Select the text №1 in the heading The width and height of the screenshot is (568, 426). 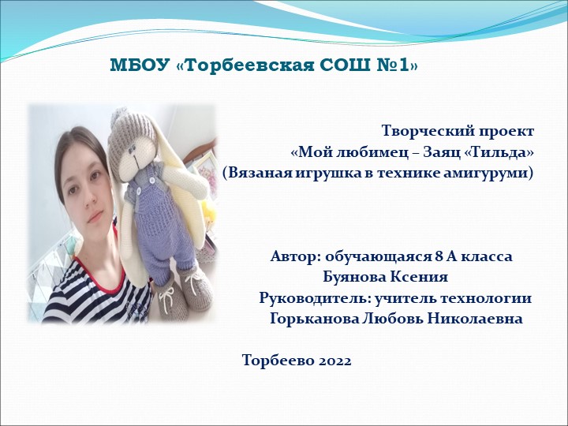pos(398,65)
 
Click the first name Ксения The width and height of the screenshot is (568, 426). pos(419,278)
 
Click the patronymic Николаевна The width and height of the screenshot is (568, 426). pos(476,319)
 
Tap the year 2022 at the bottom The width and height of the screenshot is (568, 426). pos(334,361)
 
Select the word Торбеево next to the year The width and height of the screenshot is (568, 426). pos(277,361)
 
